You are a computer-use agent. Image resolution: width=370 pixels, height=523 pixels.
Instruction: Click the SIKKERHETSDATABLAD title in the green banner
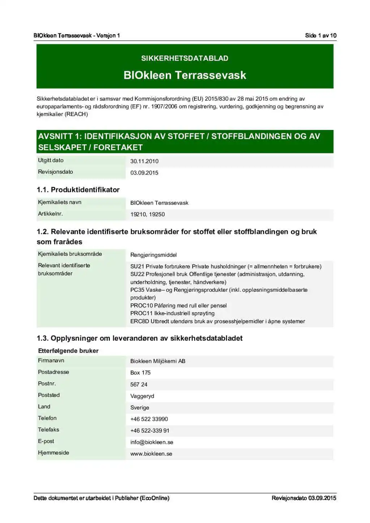[185, 58]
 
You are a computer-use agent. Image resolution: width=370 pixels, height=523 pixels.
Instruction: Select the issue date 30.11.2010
[144, 161]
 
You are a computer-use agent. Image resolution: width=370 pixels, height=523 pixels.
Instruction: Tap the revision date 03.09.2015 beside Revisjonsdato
[144, 173]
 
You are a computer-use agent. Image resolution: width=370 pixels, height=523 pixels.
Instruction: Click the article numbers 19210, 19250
[147, 214]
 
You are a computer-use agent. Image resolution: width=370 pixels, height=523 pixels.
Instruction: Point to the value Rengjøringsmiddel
[154, 255]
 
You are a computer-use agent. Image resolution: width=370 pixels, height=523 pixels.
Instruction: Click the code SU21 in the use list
[137, 267]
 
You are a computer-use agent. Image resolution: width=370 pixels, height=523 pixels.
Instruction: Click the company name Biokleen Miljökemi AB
[158, 361]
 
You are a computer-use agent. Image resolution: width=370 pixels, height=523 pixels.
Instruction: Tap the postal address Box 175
[140, 373]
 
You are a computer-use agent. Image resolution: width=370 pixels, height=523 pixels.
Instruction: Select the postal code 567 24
[139, 385]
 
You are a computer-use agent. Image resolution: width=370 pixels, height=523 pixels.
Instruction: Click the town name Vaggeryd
[142, 396]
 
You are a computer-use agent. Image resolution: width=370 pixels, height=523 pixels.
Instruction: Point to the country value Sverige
[139, 408]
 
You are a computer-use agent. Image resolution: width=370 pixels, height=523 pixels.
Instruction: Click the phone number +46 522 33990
[149, 419]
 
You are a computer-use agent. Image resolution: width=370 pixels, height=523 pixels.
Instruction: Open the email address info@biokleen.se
[152, 443]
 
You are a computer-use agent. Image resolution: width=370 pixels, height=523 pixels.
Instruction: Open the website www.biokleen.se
[151, 454]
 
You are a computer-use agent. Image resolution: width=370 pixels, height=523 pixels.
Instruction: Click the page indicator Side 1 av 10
[320, 35]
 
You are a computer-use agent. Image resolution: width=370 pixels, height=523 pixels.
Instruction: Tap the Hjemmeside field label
[53, 453]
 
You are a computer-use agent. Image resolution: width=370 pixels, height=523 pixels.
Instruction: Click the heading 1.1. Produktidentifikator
[78, 190]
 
